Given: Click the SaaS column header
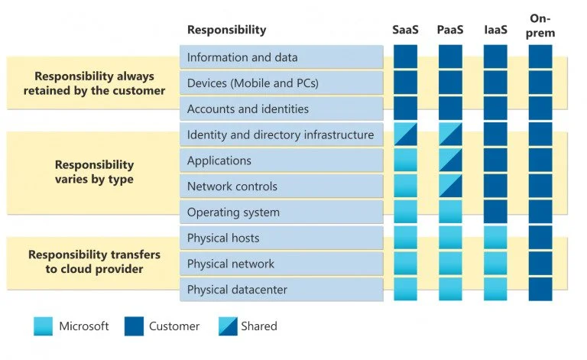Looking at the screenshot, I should tap(405, 30).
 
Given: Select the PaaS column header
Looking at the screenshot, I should tap(450, 30).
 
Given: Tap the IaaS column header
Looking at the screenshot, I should tap(495, 30).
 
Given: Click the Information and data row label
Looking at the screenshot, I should tap(242, 57).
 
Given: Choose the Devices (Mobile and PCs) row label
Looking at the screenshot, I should tap(253, 83).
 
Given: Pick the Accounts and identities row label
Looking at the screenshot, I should tap(248, 109).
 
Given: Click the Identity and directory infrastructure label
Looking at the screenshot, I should tap(281, 135).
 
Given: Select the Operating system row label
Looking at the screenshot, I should tap(233, 212).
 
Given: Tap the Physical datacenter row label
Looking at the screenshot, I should tap(238, 290).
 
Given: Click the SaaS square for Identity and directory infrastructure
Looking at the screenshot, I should tap(406, 135).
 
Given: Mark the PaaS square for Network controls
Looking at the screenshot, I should tap(451, 186).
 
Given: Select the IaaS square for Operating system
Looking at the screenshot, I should tap(495, 212).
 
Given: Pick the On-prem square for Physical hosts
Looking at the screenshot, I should tap(540, 238).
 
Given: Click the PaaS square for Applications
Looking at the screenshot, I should tap(451, 161).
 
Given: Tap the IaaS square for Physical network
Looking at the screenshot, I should tap(495, 264).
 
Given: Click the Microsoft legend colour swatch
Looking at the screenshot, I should tap(44, 326).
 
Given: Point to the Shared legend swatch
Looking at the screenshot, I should tap(227, 326).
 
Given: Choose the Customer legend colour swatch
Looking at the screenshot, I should tap(133, 326).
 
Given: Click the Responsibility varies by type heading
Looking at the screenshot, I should tap(94, 172).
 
